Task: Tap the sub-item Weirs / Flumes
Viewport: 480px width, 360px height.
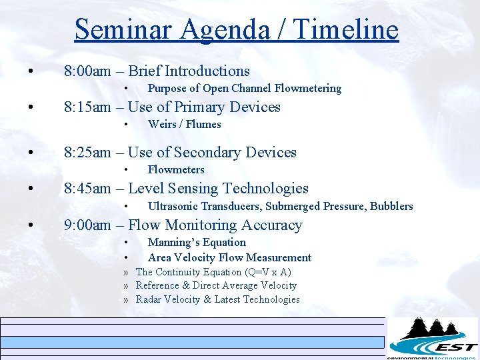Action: [x=184, y=125]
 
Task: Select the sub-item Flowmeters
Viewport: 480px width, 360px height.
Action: [x=176, y=170]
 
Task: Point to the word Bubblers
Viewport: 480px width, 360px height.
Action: [x=391, y=207]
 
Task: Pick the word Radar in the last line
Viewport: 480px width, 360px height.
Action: [x=149, y=300]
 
